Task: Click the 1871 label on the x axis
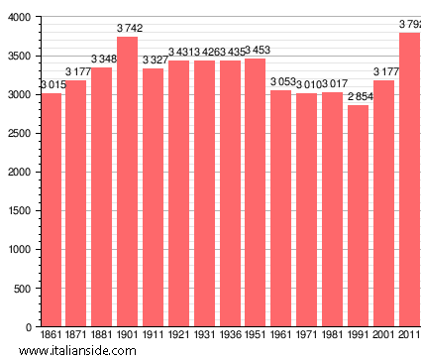(76, 335)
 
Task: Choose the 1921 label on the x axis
(178, 335)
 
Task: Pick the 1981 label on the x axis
(332, 335)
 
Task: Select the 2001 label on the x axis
(382, 335)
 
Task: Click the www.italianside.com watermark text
(84, 350)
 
